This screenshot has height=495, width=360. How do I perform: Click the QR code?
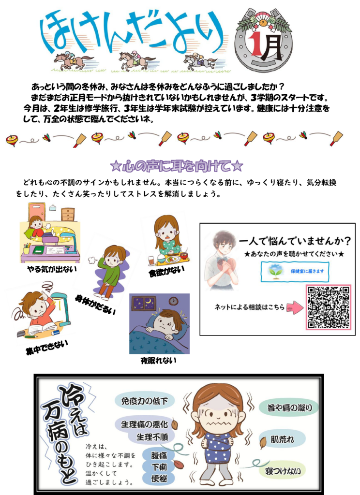click(x=329, y=307)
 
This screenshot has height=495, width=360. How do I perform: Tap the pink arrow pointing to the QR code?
click(x=295, y=307)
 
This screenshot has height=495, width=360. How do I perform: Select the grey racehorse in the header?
click(x=200, y=61)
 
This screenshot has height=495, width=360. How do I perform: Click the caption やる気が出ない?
click(x=52, y=269)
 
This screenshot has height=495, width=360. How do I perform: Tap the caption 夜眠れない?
click(x=158, y=360)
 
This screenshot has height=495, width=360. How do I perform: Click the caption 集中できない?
click(x=47, y=347)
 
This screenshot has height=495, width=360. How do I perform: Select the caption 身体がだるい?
click(x=95, y=305)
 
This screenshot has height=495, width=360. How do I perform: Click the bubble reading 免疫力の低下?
click(x=145, y=401)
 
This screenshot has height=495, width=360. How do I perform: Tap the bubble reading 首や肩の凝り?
click(x=289, y=408)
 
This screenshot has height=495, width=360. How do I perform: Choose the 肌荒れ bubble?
click(x=282, y=439)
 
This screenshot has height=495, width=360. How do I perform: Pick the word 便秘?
click(x=159, y=478)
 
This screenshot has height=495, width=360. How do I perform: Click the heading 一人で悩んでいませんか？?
click(x=295, y=242)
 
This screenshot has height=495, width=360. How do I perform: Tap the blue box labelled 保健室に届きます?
click(x=295, y=272)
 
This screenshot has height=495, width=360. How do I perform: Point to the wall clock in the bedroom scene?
click(x=173, y=301)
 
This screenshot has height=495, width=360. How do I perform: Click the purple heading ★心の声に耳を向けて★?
click(x=177, y=166)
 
